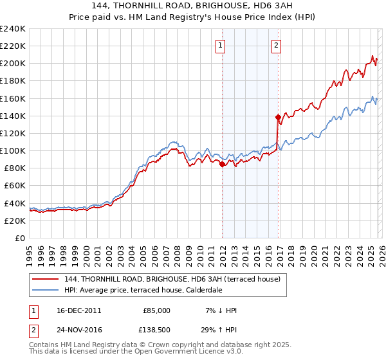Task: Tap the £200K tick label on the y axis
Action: pos(13,64)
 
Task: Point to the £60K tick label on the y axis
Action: pos(15,185)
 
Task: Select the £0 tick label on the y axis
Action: pos(20,238)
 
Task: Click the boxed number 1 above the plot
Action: pos(221,45)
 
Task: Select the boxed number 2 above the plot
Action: pos(276,45)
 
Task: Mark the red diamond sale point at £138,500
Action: pos(278,117)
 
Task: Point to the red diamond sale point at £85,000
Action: pos(222,164)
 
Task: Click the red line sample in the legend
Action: pos(46,280)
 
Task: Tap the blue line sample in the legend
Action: pos(46,290)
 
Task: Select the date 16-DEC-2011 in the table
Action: pos(78,310)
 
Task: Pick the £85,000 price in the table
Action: pos(156,310)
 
